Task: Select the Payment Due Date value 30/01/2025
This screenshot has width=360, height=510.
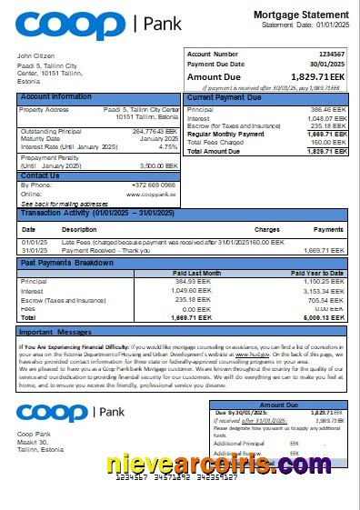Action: (328, 65)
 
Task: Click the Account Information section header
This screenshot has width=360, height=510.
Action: (56, 96)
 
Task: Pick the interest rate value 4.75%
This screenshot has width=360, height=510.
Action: (168, 146)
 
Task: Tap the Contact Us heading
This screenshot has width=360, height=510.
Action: (40, 175)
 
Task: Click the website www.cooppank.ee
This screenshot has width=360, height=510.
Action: (151, 194)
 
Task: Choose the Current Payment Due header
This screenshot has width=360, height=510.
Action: (225, 96)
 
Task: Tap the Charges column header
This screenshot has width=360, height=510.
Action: (266, 229)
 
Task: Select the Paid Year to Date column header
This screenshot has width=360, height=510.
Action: (317, 273)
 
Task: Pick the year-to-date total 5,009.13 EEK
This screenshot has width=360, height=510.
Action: (325, 318)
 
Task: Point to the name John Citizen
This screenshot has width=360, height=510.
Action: (36, 56)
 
